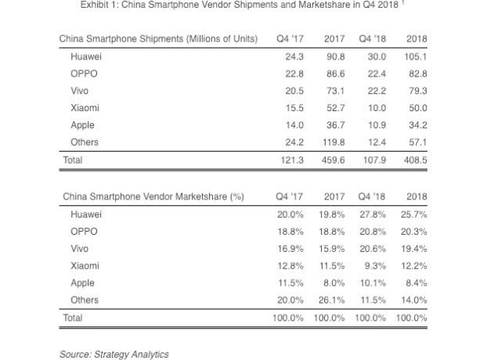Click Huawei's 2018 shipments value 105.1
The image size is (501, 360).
coord(415,57)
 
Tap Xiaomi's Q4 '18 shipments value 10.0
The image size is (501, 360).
coord(376,108)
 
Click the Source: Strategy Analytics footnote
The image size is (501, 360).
coord(114,355)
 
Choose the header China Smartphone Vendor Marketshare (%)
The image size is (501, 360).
coord(153,197)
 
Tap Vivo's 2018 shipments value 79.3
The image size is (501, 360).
coord(417,91)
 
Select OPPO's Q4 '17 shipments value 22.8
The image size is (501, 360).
coord(294,74)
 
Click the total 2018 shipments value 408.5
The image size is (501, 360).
coord(415,160)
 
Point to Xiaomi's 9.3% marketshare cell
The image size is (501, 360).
coord(377,266)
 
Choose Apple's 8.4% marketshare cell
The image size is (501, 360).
coord(416,283)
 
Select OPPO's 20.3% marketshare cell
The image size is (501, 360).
coord(413,232)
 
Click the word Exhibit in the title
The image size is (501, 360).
coord(96,5)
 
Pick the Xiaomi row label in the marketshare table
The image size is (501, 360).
coord(85,266)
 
